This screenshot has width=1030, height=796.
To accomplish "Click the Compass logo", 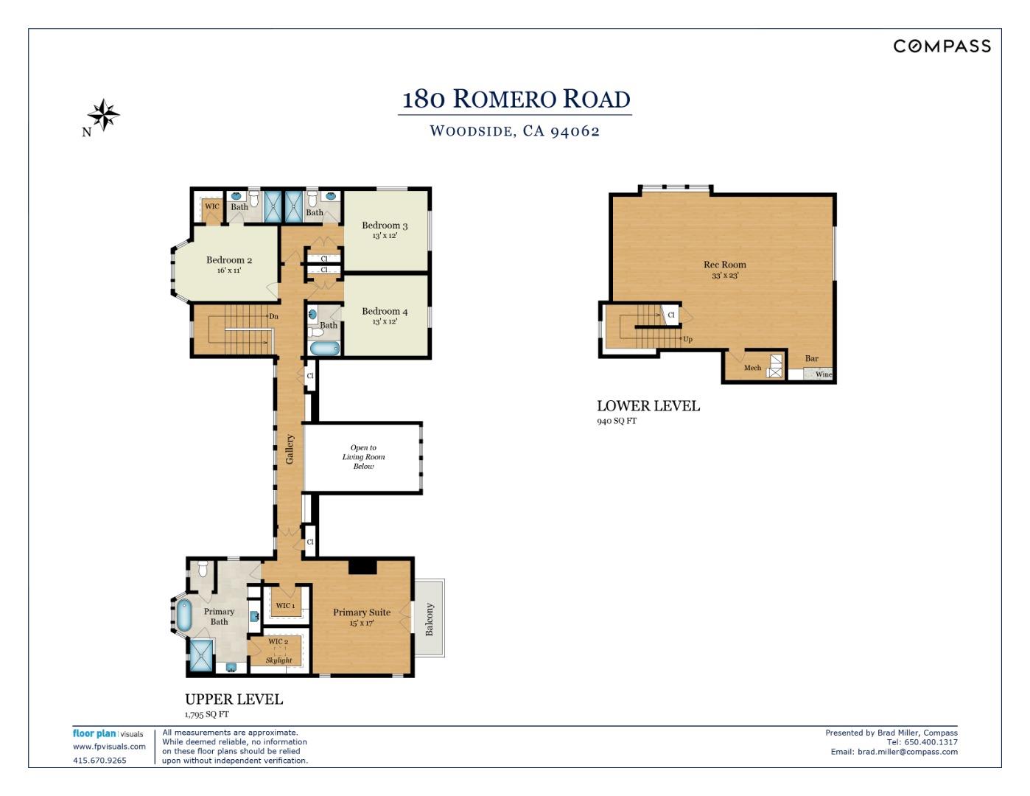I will click(942, 46).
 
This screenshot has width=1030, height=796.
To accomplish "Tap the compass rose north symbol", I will click(103, 116).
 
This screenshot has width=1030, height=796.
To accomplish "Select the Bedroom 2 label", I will click(229, 260).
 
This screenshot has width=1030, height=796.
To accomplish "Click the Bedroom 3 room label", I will click(385, 226).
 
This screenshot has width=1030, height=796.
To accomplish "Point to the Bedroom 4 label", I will click(385, 312).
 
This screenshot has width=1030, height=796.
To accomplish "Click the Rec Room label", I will click(724, 265).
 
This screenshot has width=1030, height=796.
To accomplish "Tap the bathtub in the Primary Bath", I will click(183, 615).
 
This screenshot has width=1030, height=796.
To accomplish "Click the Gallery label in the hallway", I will click(290, 449).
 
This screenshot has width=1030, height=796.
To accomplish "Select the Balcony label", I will click(430, 619).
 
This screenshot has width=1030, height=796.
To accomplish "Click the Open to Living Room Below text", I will click(363, 457).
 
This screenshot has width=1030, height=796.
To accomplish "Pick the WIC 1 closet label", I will click(285, 606).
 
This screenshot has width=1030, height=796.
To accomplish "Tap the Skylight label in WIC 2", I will click(279, 660).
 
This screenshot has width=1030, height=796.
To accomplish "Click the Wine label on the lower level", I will click(823, 374).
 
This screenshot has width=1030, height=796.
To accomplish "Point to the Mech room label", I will click(752, 368).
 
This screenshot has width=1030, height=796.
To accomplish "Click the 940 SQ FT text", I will click(617, 421).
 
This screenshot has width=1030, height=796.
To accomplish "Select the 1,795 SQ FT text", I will click(207, 714).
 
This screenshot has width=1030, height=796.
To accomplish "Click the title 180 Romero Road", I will click(516, 99).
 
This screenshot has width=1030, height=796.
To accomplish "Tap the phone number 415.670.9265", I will click(99, 761).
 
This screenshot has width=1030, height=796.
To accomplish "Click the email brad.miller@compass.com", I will click(907, 752).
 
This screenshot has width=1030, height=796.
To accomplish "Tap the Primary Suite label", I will click(361, 612).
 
